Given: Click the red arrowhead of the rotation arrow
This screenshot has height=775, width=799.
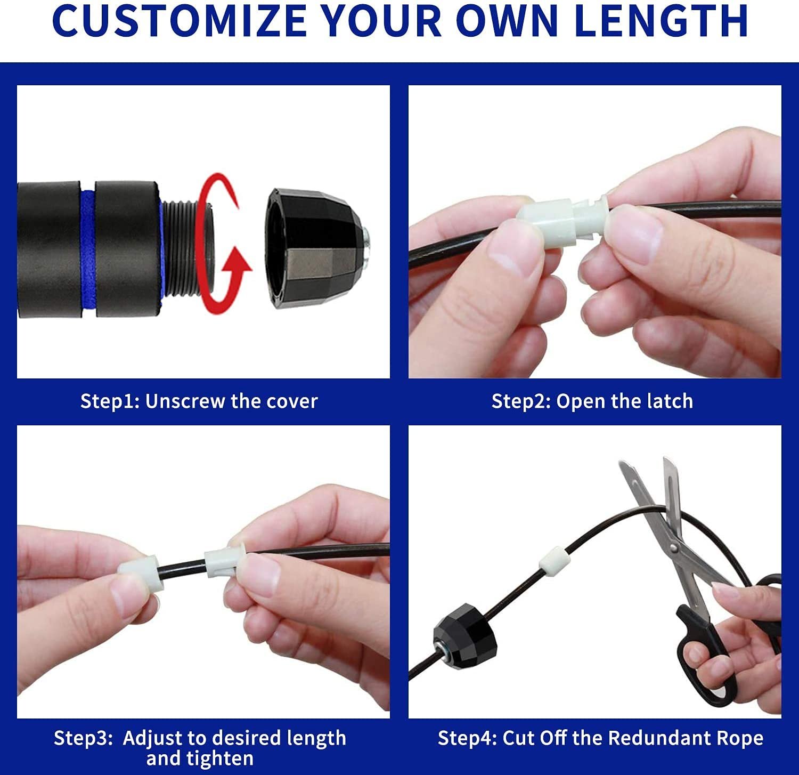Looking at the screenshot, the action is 237,265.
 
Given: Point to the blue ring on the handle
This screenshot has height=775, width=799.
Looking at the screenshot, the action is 88,249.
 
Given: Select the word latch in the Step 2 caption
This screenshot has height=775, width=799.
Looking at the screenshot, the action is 670,401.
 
